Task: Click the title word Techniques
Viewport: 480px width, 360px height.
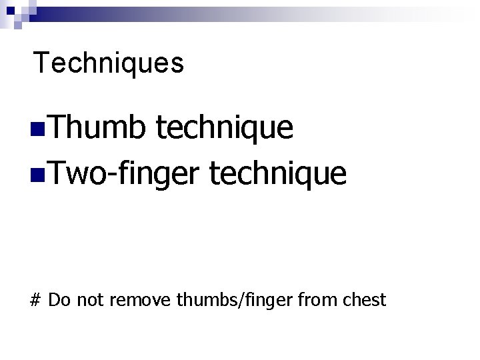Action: click(109, 63)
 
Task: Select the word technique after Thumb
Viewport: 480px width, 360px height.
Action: click(224, 127)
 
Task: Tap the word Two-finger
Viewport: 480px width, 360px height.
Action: click(123, 173)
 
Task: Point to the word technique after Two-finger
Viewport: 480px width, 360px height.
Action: click(278, 173)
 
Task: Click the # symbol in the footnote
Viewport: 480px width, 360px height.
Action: click(36, 300)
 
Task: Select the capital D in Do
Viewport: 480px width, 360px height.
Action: click(55, 300)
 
